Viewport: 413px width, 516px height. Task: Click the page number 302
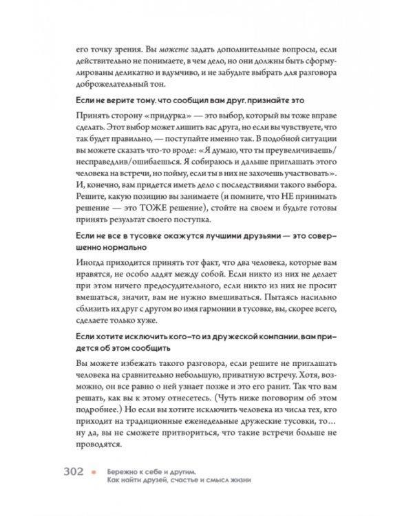click(74, 473)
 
